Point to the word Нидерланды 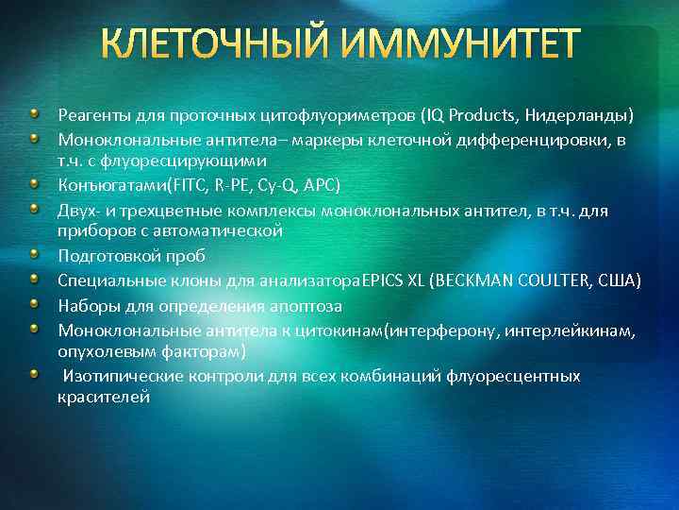coord(580,116)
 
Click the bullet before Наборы coord(35,304)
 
